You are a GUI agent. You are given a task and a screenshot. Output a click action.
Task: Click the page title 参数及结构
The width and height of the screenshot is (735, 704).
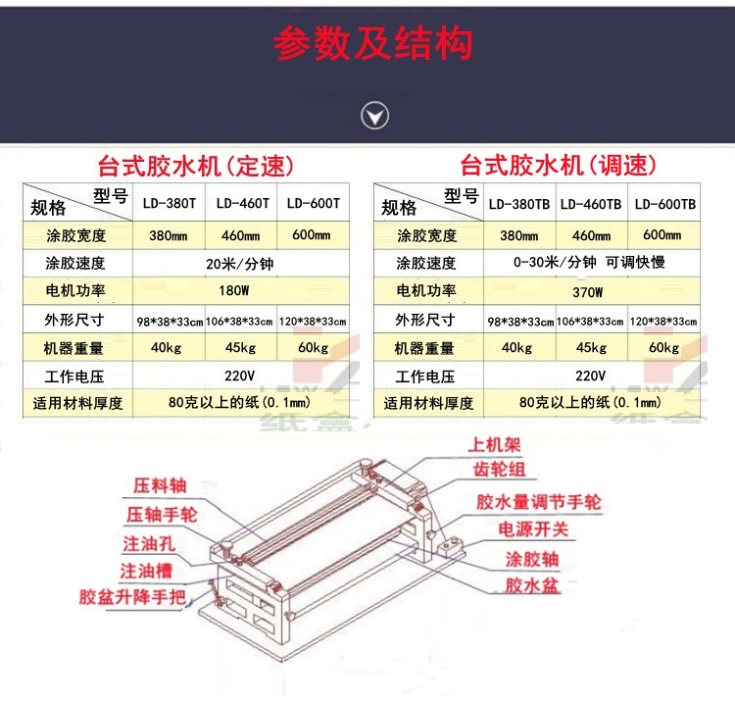click(x=372, y=43)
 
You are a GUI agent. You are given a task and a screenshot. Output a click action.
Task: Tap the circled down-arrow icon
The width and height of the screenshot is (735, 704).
click(x=374, y=116)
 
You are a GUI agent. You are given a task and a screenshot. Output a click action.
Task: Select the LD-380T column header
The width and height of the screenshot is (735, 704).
click(x=170, y=203)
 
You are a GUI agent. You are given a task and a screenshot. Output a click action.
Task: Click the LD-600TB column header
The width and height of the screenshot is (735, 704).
click(x=665, y=204)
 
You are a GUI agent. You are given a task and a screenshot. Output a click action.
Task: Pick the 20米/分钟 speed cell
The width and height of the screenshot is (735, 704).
click(x=239, y=264)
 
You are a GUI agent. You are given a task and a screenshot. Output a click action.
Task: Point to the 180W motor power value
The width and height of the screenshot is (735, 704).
click(x=234, y=291)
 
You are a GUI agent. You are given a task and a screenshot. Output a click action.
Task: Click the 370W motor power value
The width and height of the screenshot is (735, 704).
click(x=587, y=292)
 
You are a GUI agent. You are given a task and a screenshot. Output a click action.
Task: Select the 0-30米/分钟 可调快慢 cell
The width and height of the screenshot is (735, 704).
click(x=589, y=262)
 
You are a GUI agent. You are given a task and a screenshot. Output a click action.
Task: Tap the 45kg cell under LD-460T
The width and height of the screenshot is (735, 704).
click(x=240, y=347)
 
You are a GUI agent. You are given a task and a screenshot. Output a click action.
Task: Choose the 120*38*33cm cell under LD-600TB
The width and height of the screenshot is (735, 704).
click(x=663, y=322)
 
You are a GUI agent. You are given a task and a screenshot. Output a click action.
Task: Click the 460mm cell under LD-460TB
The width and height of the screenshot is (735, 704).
click(x=591, y=235)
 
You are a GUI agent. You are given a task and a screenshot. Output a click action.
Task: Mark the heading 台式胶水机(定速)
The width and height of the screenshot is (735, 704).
click(x=195, y=166)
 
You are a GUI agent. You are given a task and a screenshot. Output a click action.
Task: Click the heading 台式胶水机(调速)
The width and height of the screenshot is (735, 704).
click(x=558, y=165)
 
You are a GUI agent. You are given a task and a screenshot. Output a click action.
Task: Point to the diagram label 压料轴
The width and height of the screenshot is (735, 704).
click(x=160, y=485)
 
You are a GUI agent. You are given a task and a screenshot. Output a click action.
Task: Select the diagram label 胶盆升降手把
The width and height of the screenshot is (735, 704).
click(x=132, y=597)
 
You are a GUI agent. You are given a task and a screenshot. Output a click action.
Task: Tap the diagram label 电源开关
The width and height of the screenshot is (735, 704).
click(x=533, y=529)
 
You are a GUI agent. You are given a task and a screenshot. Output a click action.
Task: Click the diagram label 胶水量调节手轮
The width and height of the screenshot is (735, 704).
click(x=539, y=502)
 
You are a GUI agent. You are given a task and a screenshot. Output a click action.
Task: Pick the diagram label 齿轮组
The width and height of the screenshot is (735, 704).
click(x=499, y=469)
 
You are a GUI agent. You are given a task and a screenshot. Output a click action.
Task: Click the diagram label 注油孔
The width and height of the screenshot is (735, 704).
click(x=149, y=543)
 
